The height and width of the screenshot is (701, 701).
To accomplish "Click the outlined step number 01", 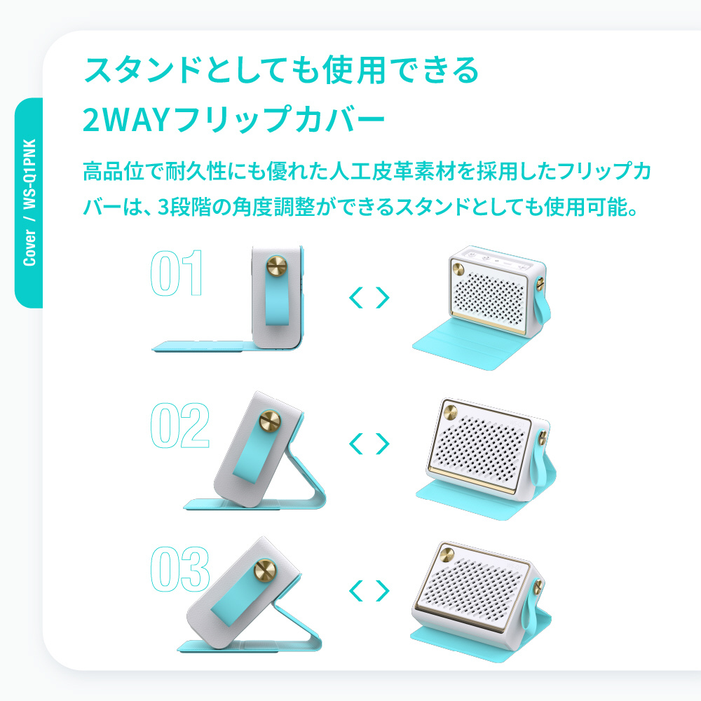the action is tap(177, 273).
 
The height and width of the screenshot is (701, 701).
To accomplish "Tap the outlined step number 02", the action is tap(180, 426).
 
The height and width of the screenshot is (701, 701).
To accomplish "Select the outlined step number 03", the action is tap(180, 569).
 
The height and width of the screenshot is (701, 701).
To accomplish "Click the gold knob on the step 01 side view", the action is tap(277, 266).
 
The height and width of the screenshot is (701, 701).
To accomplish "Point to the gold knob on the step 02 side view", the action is tap(270, 421).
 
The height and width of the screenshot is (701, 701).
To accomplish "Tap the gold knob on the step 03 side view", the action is tap(265, 571).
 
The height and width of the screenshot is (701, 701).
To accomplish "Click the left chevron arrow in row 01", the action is tap(356, 298).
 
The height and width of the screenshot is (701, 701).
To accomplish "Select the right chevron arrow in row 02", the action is tap(383, 444).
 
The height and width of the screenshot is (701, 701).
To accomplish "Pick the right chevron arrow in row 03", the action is tap(383, 590).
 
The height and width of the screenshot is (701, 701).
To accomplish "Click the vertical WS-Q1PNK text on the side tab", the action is tap(29, 174).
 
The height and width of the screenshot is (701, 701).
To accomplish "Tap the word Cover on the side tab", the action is tap(29, 247).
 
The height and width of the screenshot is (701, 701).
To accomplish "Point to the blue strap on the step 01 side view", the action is tap(277, 297).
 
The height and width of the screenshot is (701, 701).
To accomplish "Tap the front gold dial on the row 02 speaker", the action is tap(450, 411).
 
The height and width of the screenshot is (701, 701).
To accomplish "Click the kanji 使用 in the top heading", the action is tap(353, 70).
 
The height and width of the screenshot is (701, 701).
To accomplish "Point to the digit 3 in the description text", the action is tap(164, 207).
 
